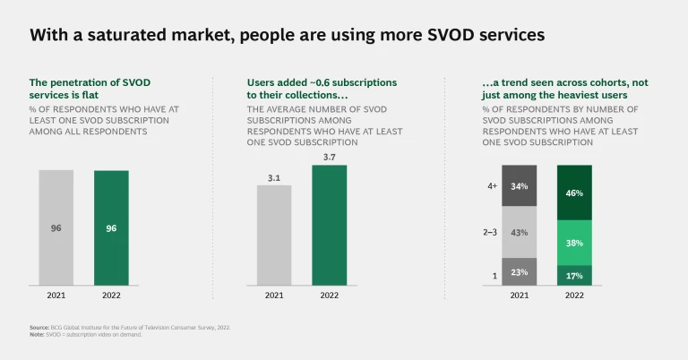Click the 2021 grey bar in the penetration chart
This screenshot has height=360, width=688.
pos(56,228)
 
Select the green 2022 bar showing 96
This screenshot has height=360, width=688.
pos(111,228)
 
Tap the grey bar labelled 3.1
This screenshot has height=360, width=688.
pos(273,235)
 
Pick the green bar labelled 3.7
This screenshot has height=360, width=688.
pos(329,226)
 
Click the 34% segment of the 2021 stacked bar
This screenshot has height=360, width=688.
pos(519,186)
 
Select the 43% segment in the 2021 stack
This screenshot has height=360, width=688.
pos(519,232)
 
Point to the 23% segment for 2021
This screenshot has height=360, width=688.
pos(519,272)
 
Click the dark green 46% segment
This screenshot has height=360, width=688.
pos(574,193)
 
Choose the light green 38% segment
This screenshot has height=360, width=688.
pos(574,242)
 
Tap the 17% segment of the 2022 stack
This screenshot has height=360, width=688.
pos(574,276)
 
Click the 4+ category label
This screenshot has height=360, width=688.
pos(492,186)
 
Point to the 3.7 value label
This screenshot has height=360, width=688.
pos(329,158)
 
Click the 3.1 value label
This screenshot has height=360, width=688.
pos(273,177)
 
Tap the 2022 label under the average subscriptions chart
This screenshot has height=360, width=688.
pos(329,296)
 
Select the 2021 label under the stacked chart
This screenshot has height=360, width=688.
pos(519,296)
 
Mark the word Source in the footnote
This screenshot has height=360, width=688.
pos(39,328)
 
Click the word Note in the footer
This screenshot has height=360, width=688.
pos(38,335)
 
